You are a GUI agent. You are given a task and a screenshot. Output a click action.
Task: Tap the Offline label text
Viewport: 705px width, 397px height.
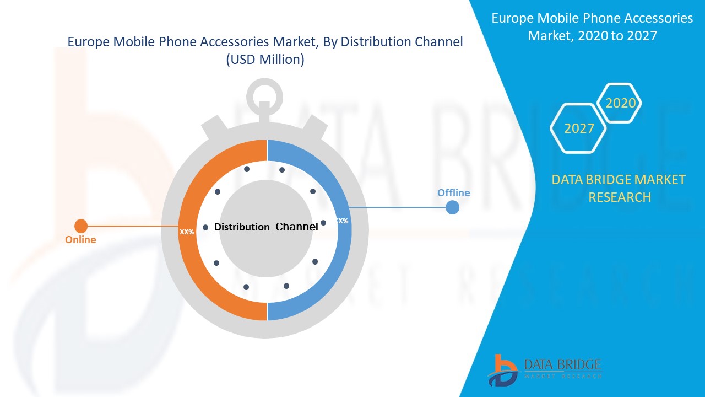click(453, 192)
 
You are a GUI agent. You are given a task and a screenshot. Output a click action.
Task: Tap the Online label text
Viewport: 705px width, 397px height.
click(80, 240)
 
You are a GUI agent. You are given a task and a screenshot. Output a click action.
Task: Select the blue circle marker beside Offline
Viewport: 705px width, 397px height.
click(452, 207)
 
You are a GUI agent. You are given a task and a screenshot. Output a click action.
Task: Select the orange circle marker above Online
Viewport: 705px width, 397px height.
click(81, 226)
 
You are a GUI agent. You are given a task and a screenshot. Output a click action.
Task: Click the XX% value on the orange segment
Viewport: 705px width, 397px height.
click(187, 232)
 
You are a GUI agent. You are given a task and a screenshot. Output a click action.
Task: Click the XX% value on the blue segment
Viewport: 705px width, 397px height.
click(342, 221)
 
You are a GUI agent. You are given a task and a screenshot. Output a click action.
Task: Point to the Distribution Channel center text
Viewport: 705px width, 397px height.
click(266, 227)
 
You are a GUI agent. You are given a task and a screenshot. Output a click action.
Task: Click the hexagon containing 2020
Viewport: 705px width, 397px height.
click(620, 103)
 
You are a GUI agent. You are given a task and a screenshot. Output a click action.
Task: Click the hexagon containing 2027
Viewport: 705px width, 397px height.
click(578, 128)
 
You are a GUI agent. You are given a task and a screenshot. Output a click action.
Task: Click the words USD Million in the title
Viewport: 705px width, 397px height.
click(265, 60)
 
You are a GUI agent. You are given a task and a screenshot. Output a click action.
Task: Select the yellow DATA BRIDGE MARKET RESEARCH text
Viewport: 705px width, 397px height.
click(619, 188)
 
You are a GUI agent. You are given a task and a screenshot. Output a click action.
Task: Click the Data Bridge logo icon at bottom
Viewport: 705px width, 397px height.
click(502, 370)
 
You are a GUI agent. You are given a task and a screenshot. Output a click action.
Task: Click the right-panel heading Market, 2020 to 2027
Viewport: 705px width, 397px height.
click(592, 36)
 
